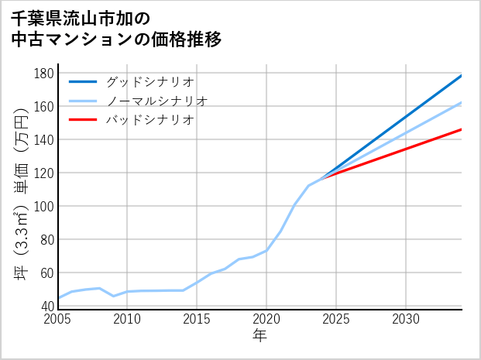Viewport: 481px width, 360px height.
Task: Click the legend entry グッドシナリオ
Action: click(x=149, y=81)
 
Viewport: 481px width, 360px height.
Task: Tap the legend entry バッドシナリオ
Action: click(x=149, y=120)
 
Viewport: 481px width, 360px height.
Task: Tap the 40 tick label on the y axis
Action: click(x=46, y=306)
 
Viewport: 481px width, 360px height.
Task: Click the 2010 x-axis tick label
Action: click(x=127, y=319)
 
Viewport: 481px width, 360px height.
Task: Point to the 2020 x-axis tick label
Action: click(x=266, y=319)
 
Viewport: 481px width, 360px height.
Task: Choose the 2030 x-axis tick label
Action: click(x=406, y=319)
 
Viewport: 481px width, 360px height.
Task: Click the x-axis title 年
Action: click(x=260, y=336)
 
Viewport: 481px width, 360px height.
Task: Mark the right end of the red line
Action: click(x=462, y=129)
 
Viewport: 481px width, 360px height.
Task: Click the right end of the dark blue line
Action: click(x=462, y=75)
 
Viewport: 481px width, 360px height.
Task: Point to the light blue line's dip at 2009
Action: click(x=113, y=296)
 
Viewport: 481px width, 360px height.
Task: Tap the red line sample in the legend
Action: click(x=84, y=120)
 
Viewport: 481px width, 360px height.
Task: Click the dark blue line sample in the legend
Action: click(x=84, y=81)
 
